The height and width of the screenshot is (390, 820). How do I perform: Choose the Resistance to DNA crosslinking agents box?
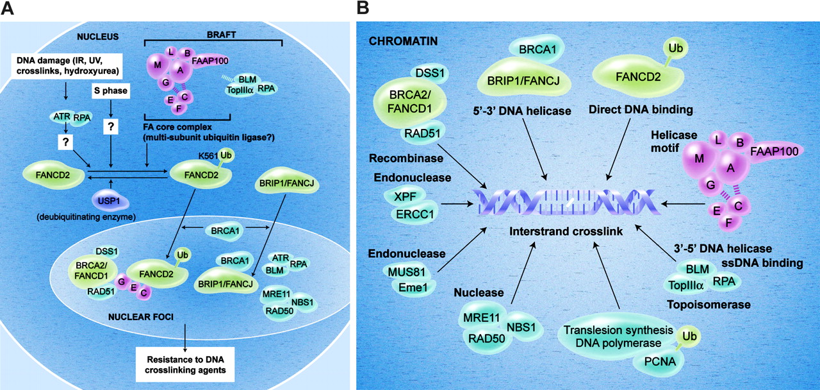(x=184, y=364)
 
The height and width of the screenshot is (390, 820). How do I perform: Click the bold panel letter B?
(x=363, y=8)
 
